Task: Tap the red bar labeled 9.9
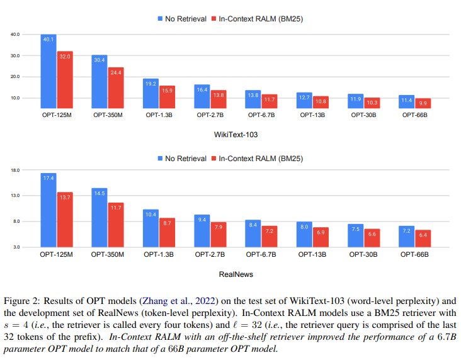coord(423,103)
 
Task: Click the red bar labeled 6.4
coord(423,239)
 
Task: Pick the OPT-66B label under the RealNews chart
coord(414,254)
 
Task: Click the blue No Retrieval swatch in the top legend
coord(160,19)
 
